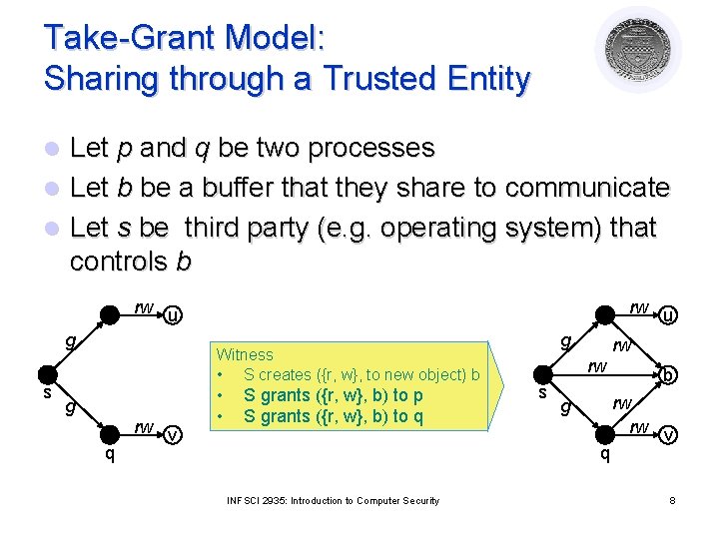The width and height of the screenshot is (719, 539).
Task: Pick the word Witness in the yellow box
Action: (245, 354)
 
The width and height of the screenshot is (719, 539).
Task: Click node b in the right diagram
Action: (669, 376)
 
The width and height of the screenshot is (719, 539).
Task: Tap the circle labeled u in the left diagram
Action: (173, 316)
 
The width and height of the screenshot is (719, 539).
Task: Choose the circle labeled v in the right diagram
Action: (668, 435)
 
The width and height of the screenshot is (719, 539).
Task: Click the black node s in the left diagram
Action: (45, 375)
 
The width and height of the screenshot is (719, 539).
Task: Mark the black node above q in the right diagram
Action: (603, 435)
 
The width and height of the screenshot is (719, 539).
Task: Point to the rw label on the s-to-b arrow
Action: (597, 366)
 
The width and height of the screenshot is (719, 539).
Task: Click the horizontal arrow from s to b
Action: (599, 376)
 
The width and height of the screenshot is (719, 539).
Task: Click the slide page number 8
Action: (673, 500)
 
